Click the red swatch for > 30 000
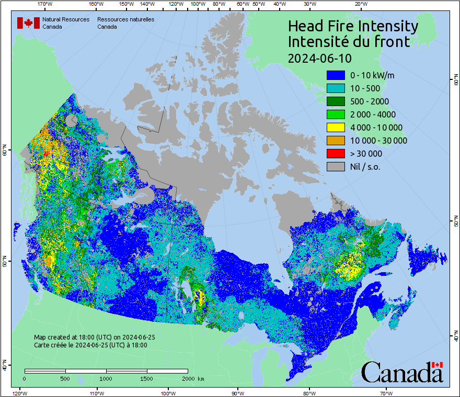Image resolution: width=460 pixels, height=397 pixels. (336, 154)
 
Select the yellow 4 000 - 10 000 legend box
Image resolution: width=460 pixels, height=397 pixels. (336, 127)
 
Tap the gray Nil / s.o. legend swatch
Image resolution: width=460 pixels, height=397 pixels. (336, 167)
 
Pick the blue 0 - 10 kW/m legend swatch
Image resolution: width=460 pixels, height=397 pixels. (336, 75)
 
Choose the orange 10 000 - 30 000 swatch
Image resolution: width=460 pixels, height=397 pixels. (336, 141)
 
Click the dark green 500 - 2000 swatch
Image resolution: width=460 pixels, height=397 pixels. (336, 101)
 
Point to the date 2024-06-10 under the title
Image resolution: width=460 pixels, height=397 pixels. (320, 58)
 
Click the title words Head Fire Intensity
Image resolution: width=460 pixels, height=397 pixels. (353, 26)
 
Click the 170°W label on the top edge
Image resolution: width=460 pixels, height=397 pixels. (45, 4)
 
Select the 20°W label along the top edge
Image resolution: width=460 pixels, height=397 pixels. (360, 4)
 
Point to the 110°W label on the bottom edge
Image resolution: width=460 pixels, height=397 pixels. (96, 393)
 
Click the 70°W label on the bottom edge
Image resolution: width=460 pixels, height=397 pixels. (386, 393)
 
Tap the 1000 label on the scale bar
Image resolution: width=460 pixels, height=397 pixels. (106, 378)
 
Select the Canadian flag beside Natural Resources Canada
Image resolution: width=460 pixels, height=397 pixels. (28, 23)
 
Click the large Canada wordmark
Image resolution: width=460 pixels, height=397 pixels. (401, 372)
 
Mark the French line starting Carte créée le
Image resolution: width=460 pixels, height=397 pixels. (90, 345)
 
